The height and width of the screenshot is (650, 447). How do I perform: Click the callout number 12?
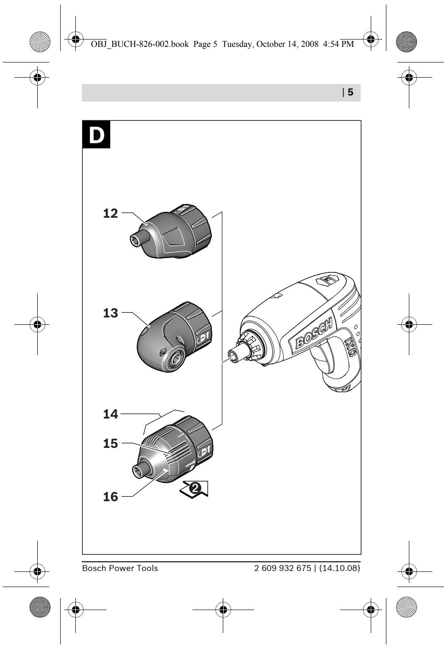pos(110,214)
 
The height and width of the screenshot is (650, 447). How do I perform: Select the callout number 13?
pos(110,313)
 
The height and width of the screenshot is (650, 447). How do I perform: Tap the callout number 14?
pos(110,414)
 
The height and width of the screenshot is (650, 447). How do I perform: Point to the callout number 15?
pos(110,444)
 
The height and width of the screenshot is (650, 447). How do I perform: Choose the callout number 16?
pos(110,497)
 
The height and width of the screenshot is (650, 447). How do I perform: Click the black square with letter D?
pos(96,135)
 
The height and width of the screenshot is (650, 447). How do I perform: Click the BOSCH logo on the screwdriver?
pos(314,334)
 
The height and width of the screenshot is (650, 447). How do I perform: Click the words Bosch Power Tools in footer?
pos(119,568)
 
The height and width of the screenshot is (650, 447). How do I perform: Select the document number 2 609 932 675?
pos(283,568)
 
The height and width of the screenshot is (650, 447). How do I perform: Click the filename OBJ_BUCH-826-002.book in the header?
pos(136,44)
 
